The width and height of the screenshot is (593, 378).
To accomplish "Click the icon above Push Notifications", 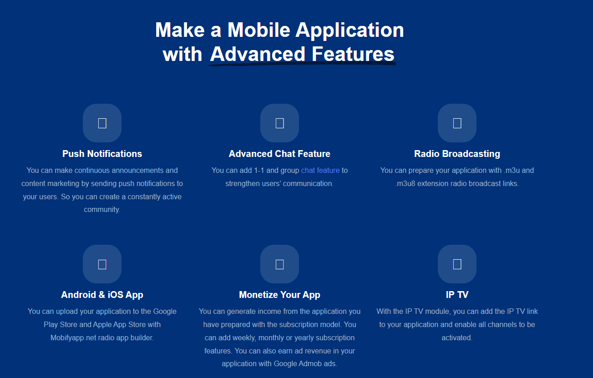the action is (x=102, y=123).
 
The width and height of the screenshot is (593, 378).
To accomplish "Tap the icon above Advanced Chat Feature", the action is (x=279, y=123).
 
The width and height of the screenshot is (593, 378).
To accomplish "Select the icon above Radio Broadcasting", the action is (x=457, y=123).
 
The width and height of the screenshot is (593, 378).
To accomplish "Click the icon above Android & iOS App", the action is (x=102, y=264).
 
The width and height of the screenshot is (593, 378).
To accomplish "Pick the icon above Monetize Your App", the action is (x=279, y=264).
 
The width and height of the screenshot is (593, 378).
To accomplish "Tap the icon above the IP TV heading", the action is (x=457, y=264).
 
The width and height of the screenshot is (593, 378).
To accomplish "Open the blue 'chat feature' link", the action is (x=320, y=171).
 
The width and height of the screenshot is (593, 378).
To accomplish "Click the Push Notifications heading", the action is (x=102, y=154).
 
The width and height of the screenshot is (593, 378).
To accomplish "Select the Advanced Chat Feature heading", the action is (x=279, y=154).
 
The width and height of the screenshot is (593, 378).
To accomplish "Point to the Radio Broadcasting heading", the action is (x=457, y=154).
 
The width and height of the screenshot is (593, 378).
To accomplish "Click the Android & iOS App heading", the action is (x=102, y=295).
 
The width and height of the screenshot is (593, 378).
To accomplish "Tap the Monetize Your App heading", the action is (x=279, y=295).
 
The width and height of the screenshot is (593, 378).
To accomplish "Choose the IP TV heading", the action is (x=457, y=295).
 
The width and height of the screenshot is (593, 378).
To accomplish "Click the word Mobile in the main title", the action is (x=259, y=30).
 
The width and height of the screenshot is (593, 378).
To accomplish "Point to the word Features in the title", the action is (x=353, y=54).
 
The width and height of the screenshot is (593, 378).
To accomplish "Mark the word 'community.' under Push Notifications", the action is (x=102, y=210).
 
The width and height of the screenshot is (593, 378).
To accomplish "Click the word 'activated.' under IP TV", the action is (x=457, y=338).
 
